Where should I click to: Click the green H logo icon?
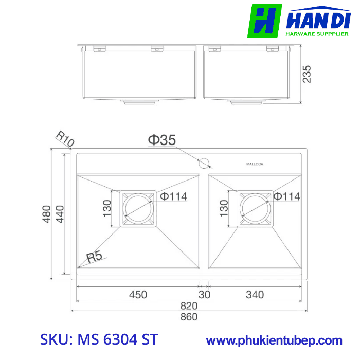click(x=265, y=21)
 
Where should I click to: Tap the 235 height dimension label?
click(x=307, y=74)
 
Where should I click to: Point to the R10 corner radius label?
click(x=65, y=139)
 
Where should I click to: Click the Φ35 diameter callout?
click(x=163, y=139)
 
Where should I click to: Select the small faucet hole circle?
click(x=204, y=163)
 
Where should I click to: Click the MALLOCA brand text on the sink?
click(x=255, y=164)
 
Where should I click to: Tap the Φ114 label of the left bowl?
click(x=173, y=196)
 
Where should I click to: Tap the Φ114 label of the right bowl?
click(x=287, y=196)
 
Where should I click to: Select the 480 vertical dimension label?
click(x=46, y=214)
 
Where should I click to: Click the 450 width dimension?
click(x=138, y=295)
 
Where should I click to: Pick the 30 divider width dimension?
click(x=205, y=295)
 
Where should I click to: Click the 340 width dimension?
click(x=255, y=295)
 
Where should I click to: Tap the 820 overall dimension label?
click(x=189, y=305)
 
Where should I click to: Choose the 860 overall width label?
click(x=189, y=317)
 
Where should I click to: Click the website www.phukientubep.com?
click(x=274, y=340)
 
